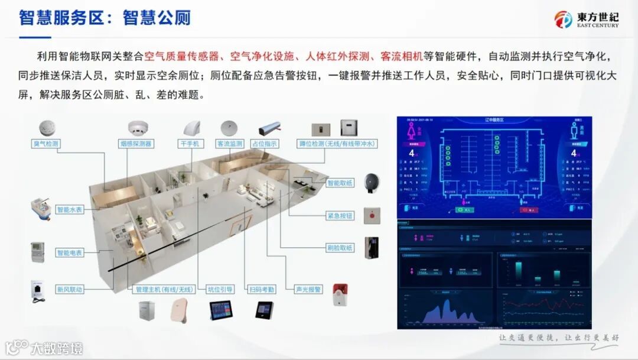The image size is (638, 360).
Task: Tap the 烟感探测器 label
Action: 136,144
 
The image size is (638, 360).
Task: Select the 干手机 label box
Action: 191,144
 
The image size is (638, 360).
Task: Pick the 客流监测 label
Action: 230,144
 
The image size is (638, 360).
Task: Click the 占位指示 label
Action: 265,144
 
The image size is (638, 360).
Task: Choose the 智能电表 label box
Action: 69,253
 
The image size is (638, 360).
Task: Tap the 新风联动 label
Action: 69,289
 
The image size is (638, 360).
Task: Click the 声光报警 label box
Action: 308,289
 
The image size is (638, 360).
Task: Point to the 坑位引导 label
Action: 220,289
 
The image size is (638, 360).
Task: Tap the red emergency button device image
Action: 372,214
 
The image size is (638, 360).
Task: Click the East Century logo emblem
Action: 564,20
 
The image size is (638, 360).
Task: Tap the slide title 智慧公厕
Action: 157,18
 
